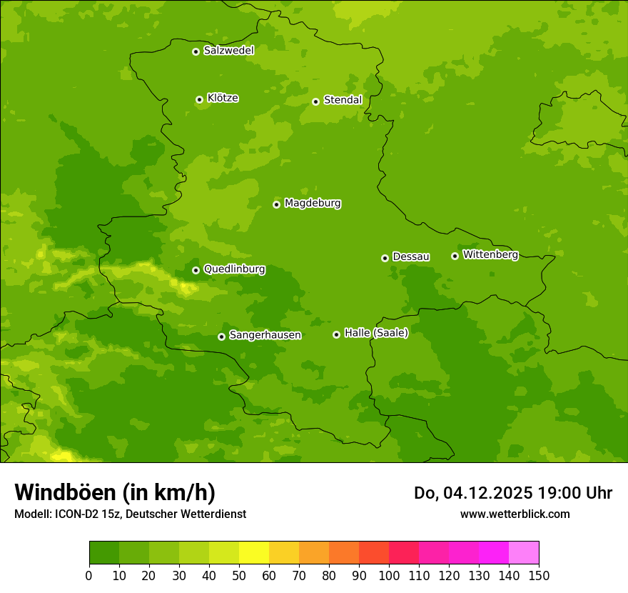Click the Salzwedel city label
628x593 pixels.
tap(228, 51)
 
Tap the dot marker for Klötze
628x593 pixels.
tap(199, 100)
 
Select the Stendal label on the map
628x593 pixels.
tap(343, 100)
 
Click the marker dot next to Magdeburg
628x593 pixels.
tap(276, 204)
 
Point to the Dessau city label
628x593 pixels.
tap(411, 256)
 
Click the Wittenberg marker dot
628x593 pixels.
tap(455, 256)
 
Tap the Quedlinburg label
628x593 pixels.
tap(234, 269)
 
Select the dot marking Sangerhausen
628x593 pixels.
tap(221, 337)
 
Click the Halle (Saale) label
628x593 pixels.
tap(376, 333)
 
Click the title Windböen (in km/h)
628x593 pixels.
tap(115, 492)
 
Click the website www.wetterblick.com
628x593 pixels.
tap(515, 514)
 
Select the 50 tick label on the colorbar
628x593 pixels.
tap(239, 576)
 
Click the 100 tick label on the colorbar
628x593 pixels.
tap(389, 576)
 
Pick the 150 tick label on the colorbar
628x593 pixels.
tap(539, 576)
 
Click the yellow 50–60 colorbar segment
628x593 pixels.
tap(254, 553)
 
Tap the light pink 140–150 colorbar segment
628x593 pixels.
tap(524, 553)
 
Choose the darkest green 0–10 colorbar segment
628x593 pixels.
tap(104, 553)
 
